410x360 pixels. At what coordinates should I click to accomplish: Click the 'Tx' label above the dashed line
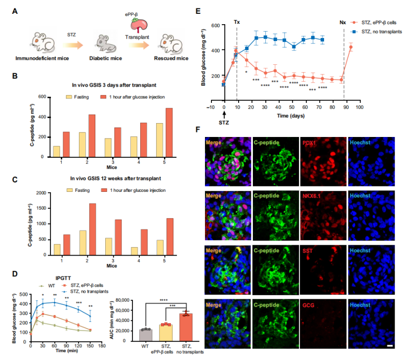pyautogui.click(x=237, y=23)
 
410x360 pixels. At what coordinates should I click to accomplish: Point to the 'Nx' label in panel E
pyautogui.click(x=343, y=23)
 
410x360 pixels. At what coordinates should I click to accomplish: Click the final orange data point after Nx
pyautogui.click(x=350, y=47)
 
